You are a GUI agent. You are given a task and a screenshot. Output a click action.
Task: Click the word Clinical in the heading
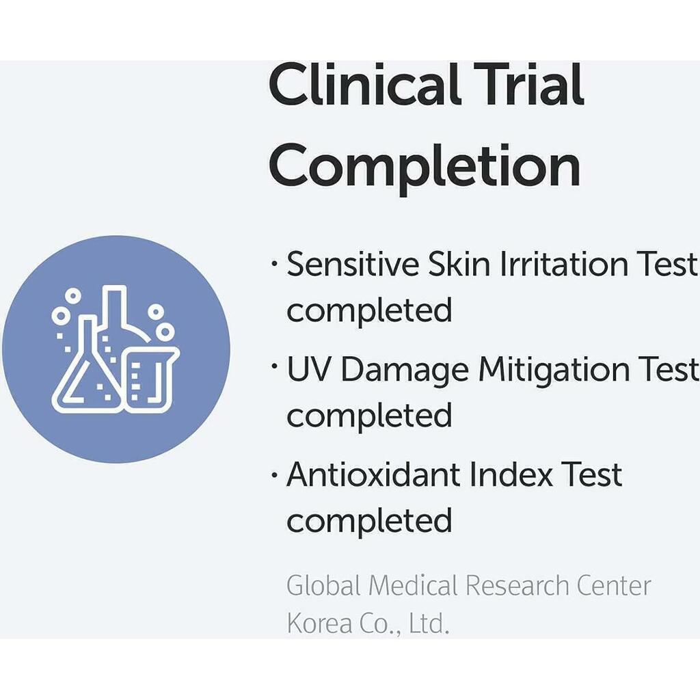pyautogui.click(x=364, y=84)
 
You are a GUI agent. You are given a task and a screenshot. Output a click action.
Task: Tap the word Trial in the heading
pyautogui.click(x=529, y=84)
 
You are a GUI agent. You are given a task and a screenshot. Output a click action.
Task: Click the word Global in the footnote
pyautogui.click(x=323, y=585)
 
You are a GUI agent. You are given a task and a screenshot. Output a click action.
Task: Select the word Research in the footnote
pyautogui.click(x=517, y=585)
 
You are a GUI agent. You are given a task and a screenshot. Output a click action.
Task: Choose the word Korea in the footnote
pyautogui.click(x=319, y=623)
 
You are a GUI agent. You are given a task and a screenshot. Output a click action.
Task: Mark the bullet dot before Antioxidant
pyautogui.click(x=274, y=474)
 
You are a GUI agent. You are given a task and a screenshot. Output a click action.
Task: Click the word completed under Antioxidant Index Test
pyautogui.click(x=369, y=520)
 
